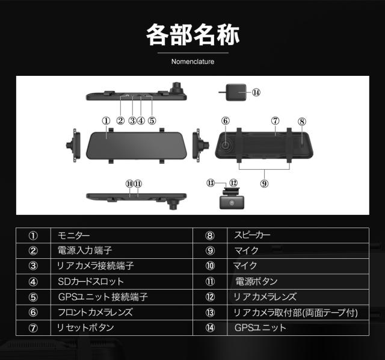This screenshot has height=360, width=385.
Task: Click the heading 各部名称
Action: click(x=192, y=35)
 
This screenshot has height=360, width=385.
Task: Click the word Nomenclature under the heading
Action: click(x=192, y=61)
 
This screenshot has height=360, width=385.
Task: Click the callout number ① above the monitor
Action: click(x=106, y=120)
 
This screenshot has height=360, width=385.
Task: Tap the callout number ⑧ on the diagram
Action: click(x=301, y=121)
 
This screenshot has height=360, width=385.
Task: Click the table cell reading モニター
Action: click(x=78, y=235)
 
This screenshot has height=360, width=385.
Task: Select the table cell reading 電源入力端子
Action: click(x=85, y=250)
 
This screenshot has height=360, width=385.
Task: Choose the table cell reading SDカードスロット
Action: click(x=91, y=281)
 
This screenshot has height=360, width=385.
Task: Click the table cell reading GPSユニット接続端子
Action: click(x=103, y=297)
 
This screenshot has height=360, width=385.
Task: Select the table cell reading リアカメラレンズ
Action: click(x=265, y=297)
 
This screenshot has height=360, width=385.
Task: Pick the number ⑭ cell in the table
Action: click(x=210, y=328)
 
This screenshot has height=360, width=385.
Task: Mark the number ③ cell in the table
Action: click(x=33, y=265)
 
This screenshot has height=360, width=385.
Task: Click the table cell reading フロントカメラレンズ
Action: click(x=95, y=312)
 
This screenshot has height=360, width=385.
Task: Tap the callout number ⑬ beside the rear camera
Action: click(x=211, y=182)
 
